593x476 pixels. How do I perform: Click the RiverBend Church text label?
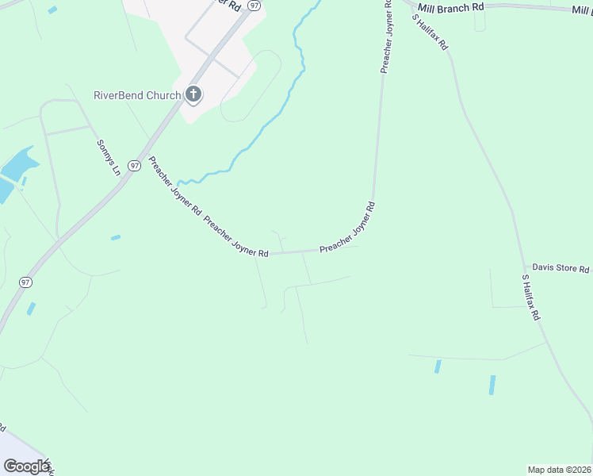click(x=137, y=96)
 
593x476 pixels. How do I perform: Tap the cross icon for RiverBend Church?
click(x=193, y=95)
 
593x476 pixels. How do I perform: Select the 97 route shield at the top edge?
click(x=254, y=5)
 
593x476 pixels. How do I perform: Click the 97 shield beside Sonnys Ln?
click(x=135, y=165)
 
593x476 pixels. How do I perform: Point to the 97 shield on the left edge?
click(x=26, y=282)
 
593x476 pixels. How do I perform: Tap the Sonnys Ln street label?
click(x=108, y=157)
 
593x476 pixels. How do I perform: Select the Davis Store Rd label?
click(x=560, y=269)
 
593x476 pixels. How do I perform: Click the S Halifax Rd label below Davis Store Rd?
click(x=530, y=297)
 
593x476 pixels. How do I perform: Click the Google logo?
click(x=26, y=466)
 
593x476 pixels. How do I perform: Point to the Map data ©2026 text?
click(x=558, y=469)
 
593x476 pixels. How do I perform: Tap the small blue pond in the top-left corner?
click(x=52, y=10)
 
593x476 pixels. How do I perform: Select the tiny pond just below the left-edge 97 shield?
click(x=31, y=309)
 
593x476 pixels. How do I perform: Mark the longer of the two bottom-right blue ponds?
click(x=492, y=386)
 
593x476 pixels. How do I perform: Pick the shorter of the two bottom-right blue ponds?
click(x=438, y=367)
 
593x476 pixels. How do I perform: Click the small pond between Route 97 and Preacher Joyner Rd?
click(x=116, y=237)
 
